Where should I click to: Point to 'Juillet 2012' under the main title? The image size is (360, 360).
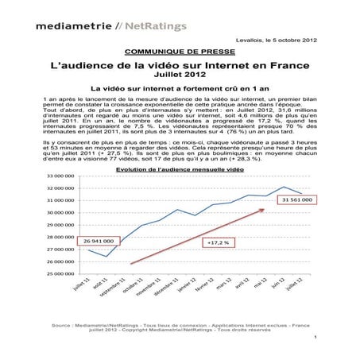click(x=180, y=78)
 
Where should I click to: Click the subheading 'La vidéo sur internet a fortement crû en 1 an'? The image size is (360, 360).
click(x=180, y=91)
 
